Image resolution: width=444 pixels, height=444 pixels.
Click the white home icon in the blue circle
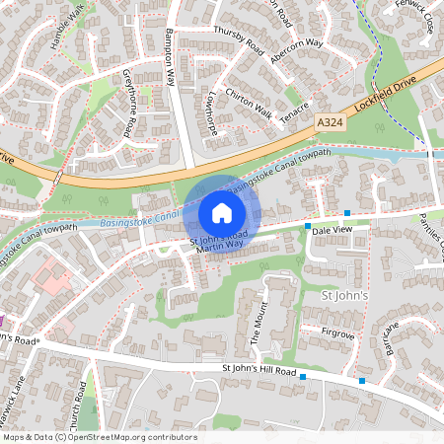pyautogui.click(x=222, y=213)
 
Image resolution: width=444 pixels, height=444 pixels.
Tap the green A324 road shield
pyautogui.click(x=331, y=121)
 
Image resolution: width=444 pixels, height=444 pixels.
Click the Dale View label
pyautogui.click(x=331, y=229)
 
